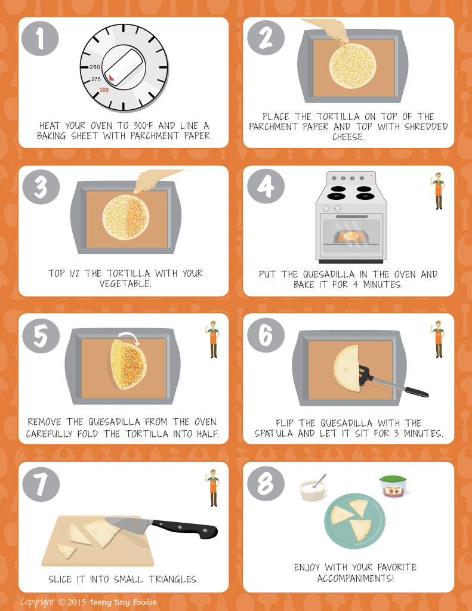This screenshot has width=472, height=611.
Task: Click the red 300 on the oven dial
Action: (x=104, y=90)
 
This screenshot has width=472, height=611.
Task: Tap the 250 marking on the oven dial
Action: (x=95, y=67)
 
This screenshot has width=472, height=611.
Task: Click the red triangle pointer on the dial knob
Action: (x=112, y=78)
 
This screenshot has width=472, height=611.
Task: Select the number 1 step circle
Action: (x=40, y=38)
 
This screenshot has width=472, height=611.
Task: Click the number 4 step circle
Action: (x=266, y=186)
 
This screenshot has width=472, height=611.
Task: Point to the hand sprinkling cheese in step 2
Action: (x=330, y=30)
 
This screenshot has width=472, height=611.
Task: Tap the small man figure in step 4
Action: (x=439, y=191)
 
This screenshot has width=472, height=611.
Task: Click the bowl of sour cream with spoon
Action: (x=313, y=487)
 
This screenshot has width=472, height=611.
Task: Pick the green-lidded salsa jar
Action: (x=393, y=486)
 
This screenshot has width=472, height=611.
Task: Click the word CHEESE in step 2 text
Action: (x=348, y=137)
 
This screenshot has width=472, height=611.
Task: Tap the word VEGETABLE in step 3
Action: (x=125, y=283)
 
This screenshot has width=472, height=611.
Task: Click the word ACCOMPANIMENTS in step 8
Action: (x=356, y=578)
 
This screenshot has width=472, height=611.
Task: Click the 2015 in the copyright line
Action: (x=77, y=602)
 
